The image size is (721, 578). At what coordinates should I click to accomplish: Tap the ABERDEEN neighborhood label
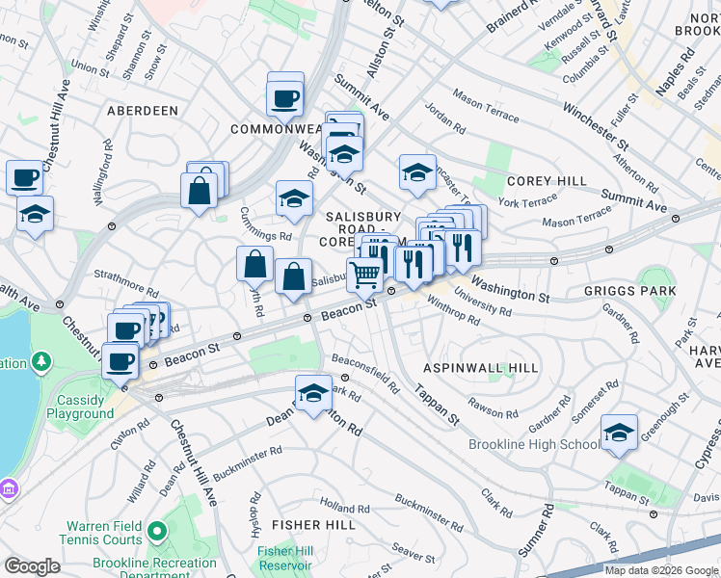pos(143,111)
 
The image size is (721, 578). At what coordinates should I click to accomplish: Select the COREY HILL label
pos(547,181)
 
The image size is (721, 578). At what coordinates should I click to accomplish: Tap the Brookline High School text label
pos(533,444)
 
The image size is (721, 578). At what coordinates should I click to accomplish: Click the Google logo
pos(32,566)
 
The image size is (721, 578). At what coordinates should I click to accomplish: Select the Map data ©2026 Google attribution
pos(661,570)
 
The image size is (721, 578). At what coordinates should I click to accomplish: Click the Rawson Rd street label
pos(494,407)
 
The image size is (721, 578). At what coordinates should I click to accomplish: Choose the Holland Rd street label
pos(339,505)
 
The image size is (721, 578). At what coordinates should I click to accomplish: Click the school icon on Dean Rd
pos(313,392)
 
